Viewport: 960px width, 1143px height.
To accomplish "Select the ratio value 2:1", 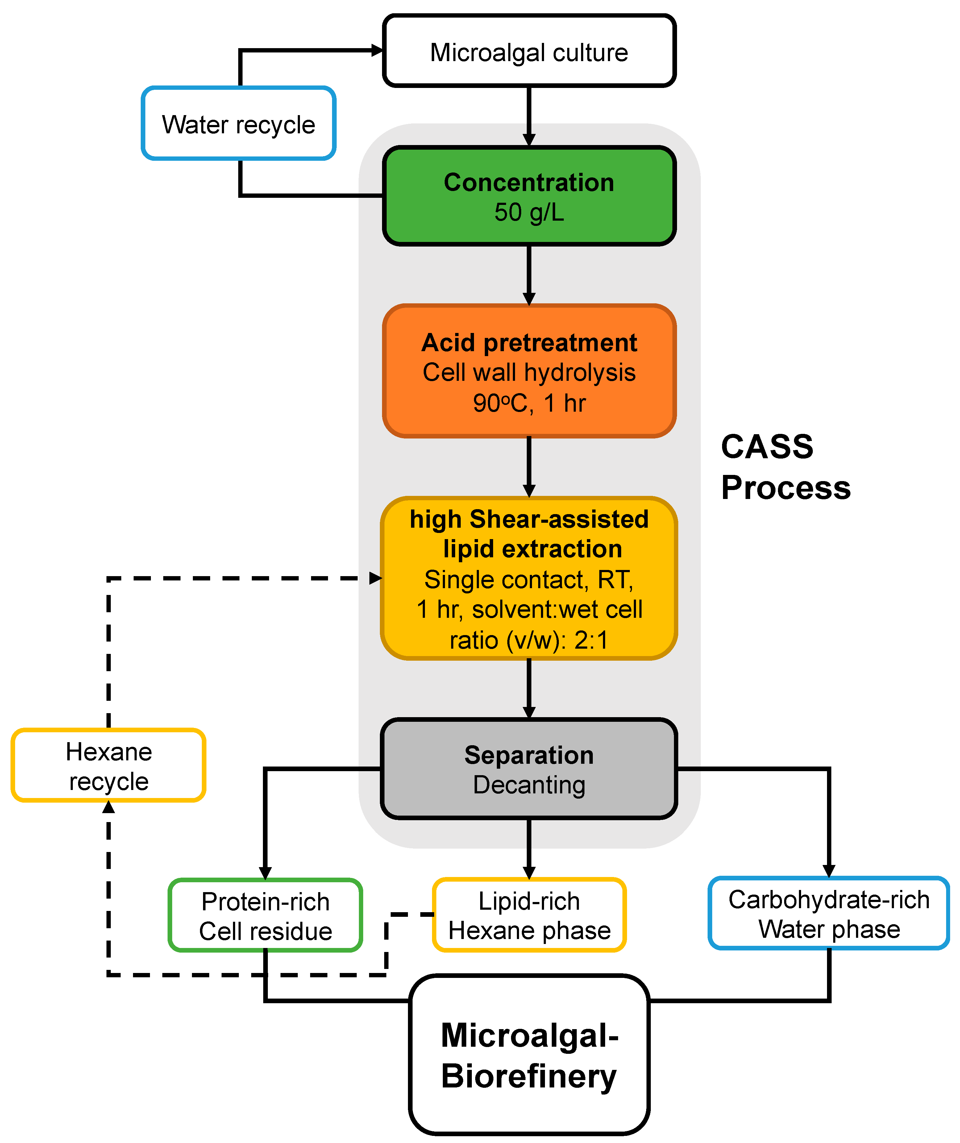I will [591, 640].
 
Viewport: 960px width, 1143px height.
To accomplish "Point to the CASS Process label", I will [785, 467].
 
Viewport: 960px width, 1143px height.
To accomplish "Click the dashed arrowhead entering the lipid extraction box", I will [376, 578].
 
